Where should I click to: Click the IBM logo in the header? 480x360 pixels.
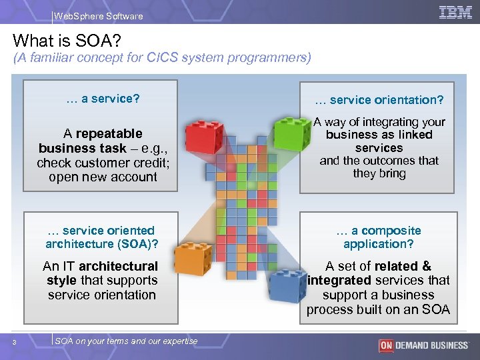(x=455, y=12)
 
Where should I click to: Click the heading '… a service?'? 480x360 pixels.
(x=103, y=99)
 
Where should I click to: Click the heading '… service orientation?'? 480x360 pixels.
(x=379, y=100)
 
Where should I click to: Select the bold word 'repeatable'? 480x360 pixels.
(x=109, y=133)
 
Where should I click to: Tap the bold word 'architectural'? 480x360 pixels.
(x=118, y=266)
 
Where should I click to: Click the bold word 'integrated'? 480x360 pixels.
(x=339, y=281)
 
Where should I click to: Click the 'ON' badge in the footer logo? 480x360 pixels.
(x=385, y=345)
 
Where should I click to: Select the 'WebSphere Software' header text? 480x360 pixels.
(x=98, y=16)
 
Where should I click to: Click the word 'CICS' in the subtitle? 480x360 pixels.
(x=187, y=58)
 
